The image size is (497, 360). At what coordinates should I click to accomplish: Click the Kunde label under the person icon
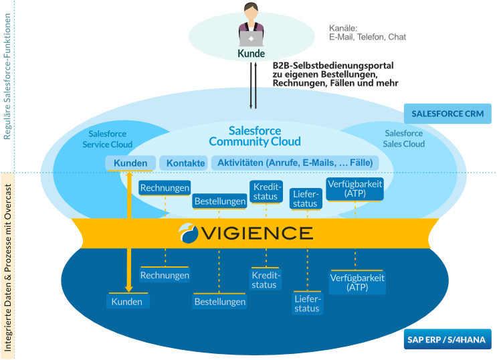coord(251,54)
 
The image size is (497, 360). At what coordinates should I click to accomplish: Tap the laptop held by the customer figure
coord(251,38)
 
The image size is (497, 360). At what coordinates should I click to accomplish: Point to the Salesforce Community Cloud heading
coord(255,136)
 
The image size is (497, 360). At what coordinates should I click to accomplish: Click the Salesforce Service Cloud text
coord(107,139)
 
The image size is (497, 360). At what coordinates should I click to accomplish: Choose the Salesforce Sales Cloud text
coord(404,139)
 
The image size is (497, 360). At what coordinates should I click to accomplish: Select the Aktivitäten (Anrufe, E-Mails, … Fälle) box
coord(295,163)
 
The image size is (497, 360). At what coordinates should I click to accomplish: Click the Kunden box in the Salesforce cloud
coord(130,163)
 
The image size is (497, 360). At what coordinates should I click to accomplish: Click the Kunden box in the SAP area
coord(127,302)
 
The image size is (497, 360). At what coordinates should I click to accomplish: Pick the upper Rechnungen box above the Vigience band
coord(165,188)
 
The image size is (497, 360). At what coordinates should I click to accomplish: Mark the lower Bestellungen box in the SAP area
coord(220,302)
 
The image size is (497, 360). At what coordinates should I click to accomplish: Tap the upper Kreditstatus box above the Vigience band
coord(266,191)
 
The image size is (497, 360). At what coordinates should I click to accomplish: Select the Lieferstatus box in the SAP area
coord(307,303)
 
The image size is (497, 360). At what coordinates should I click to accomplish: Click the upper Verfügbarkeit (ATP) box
coord(355,188)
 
